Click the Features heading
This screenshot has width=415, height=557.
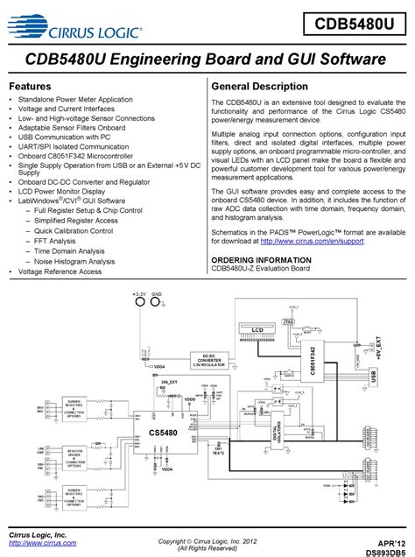tap(33, 87)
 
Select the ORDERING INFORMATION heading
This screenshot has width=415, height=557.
tap(261, 260)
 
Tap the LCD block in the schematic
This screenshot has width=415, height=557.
tap(257, 329)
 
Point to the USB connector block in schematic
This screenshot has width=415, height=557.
tap(375, 376)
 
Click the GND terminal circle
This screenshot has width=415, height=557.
tap(157, 303)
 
